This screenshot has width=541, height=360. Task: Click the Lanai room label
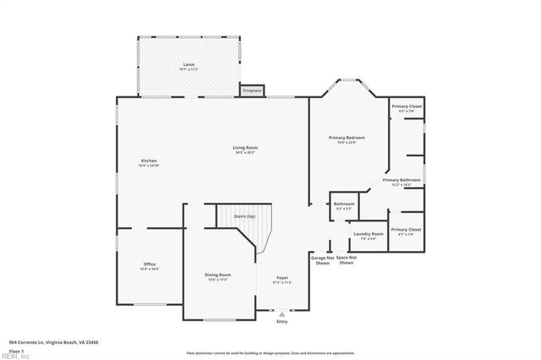pyautogui.click(x=189, y=64)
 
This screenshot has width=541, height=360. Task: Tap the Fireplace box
pyautogui.click(x=252, y=90)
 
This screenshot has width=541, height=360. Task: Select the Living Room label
pyautogui.click(x=245, y=149)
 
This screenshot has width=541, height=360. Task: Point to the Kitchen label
pyautogui.click(x=149, y=161)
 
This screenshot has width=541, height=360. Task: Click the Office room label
pyautogui.click(x=149, y=265)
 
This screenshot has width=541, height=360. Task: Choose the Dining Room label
pyautogui.click(x=217, y=275)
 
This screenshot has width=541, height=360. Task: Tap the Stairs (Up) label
pyautogui.click(x=245, y=216)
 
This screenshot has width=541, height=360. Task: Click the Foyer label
pyautogui.click(x=281, y=278)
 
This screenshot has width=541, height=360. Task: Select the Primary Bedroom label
pyautogui.click(x=347, y=138)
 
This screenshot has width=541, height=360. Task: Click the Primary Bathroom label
pyautogui.click(x=401, y=180)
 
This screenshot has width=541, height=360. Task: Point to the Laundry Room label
pyautogui.click(x=369, y=234)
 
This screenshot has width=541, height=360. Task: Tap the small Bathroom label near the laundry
pyautogui.click(x=344, y=204)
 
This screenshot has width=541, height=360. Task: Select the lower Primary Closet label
pyautogui.click(x=407, y=230)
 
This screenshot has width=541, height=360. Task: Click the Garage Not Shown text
pyautogui.click(x=322, y=260)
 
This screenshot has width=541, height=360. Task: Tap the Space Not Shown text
pyautogui.click(x=346, y=260)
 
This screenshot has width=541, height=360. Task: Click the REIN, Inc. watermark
pyautogui.click(x=14, y=356)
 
